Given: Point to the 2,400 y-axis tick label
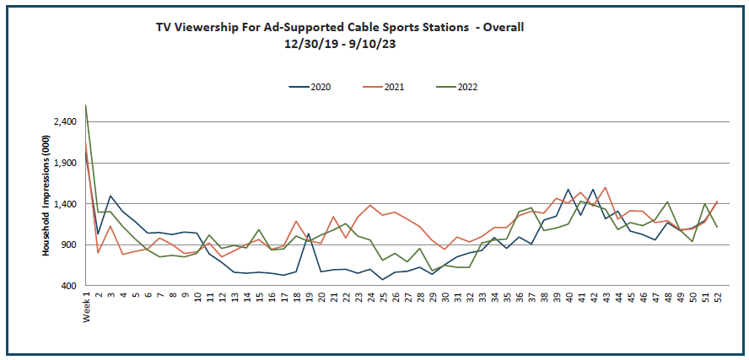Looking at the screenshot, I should click(x=65, y=122).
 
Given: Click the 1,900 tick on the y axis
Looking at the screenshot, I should click(x=65, y=164).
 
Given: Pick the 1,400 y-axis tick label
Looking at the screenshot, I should click(x=65, y=205).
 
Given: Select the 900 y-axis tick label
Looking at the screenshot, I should click(x=69, y=245).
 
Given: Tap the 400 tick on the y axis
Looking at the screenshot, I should click(x=69, y=287).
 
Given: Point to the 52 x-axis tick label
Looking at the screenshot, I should click(x=717, y=298).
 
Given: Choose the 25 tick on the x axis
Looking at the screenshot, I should click(x=383, y=298).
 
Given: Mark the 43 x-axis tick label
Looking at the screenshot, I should click(x=606, y=298).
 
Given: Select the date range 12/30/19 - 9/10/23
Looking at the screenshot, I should click(x=340, y=44).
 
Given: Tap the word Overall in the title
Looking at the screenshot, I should click(x=504, y=27).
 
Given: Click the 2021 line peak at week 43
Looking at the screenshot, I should click(x=606, y=187).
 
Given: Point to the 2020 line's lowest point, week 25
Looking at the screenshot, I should click(x=383, y=279).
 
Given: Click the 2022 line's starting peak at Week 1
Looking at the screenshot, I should click(x=86, y=105).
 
